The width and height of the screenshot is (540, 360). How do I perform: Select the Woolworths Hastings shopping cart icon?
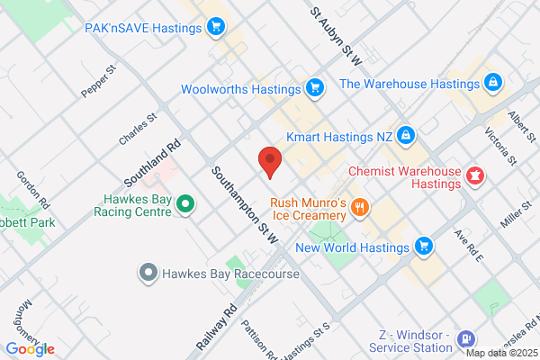point(314,88)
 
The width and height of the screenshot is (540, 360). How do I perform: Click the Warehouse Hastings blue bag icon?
point(492,84)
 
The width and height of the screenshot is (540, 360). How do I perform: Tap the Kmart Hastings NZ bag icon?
point(406,137)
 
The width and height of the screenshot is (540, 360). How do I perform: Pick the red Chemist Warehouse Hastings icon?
point(474,175)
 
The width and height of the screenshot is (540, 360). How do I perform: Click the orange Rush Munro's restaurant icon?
point(360,209)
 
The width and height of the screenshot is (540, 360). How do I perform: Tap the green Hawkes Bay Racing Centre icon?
point(185,204)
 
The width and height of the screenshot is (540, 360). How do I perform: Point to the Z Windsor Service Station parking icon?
point(466,339)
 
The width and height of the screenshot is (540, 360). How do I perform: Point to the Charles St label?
point(138,129)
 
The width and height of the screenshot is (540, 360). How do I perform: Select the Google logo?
point(30,348)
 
